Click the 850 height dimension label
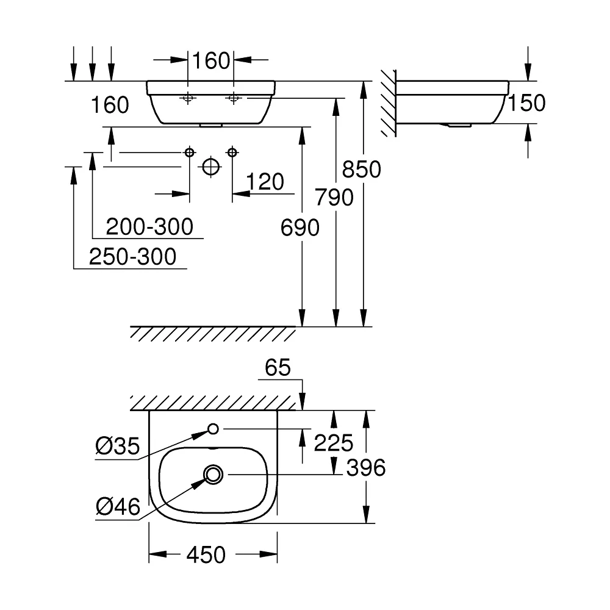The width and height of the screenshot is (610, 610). (361, 169)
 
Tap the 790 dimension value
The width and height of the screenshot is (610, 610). (334, 197)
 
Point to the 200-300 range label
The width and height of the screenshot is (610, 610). (149, 226)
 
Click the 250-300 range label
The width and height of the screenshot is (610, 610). (132, 256)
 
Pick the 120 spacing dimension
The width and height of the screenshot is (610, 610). (265, 182)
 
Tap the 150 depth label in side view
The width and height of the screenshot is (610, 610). (527, 103)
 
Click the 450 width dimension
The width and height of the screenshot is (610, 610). (206, 554)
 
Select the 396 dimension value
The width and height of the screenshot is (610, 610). (366, 468)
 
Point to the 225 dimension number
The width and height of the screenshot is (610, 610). (334, 443)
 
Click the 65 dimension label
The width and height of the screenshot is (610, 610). (278, 367)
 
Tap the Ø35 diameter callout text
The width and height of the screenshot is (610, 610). (118, 446)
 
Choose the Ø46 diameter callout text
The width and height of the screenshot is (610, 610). (118, 507)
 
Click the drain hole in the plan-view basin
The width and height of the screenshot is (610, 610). (213, 475)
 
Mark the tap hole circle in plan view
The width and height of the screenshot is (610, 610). (213, 429)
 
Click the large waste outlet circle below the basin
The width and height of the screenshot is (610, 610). (211, 167)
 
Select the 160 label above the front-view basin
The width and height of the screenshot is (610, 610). (211, 60)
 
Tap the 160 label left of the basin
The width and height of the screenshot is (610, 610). (110, 105)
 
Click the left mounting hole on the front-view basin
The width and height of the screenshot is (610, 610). (188, 98)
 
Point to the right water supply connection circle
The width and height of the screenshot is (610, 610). (232, 152)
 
